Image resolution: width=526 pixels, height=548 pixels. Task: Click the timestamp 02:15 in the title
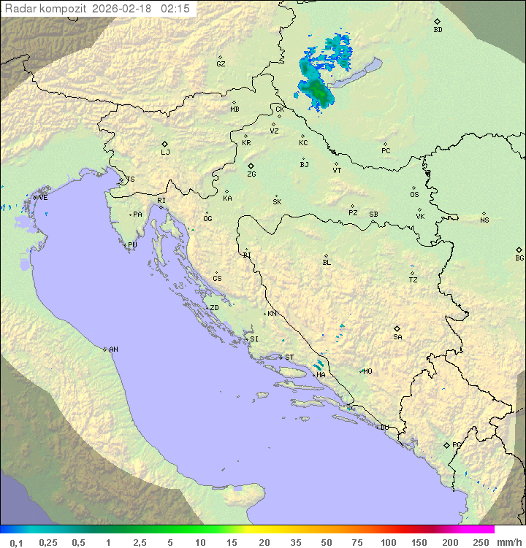click(177, 8)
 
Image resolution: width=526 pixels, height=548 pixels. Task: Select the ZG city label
click(251, 174)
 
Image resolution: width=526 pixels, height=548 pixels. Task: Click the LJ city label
click(165, 153)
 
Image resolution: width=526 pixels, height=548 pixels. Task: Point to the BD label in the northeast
click(438, 30)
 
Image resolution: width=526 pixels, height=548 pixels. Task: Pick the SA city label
click(397, 337)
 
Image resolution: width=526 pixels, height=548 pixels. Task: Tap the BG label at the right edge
click(519, 258)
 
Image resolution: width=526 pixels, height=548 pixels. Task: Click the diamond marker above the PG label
click(446, 444)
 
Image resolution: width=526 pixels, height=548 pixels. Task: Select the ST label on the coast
click(289, 358)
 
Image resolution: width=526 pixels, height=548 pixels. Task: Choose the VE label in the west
click(43, 198)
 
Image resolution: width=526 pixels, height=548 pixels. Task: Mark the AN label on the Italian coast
click(113, 350)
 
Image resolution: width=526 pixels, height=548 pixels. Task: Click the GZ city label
click(221, 64)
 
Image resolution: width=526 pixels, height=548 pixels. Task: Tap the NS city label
click(484, 220)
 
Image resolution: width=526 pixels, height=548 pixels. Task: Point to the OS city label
click(414, 195)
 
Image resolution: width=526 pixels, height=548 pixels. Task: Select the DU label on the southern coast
click(384, 428)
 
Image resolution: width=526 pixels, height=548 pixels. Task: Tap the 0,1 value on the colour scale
click(16, 542)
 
